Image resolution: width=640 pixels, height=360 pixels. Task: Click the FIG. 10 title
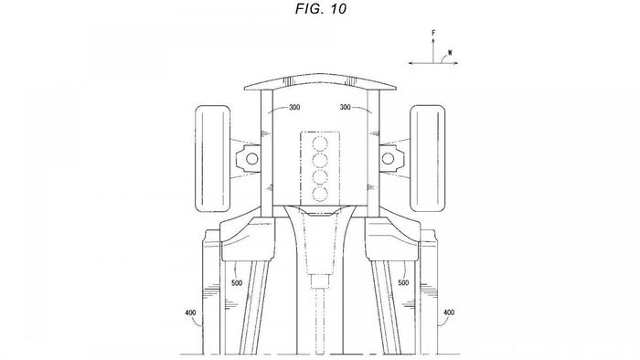coord(321,9)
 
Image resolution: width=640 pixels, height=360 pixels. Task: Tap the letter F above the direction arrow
coord(433,32)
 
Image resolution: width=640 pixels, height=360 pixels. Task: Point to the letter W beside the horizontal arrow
coord(450,52)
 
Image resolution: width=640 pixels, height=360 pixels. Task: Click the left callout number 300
coord(294,107)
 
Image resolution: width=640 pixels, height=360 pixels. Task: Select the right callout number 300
coord(346,107)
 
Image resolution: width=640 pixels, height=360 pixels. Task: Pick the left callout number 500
coord(237,283)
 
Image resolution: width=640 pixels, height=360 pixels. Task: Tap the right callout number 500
coord(403,283)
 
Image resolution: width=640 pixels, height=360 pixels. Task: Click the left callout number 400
coord(190,312)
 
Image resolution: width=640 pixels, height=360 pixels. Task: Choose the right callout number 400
coord(449,312)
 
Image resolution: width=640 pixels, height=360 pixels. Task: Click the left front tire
coord(213,159)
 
